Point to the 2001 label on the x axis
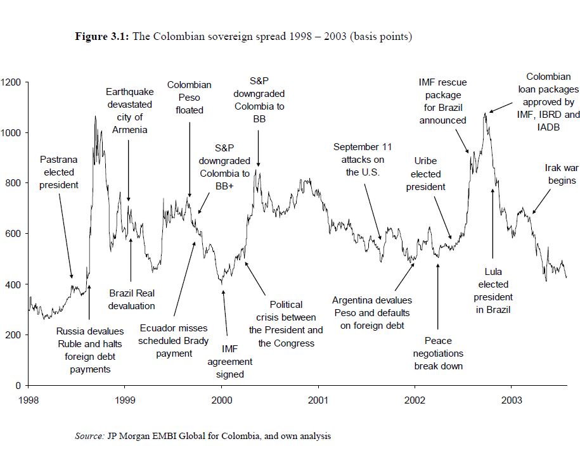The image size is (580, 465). [318, 400]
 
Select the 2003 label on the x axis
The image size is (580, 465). [512, 400]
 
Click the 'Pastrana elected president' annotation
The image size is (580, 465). [59, 172]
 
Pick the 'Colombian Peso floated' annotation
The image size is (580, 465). [190, 98]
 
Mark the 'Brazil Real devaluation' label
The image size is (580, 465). [132, 300]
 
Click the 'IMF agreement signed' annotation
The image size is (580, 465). [229, 361]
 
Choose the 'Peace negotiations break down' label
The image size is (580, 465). [438, 354]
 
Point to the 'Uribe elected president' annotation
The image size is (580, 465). [426, 174]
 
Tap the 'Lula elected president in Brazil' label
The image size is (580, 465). [493, 291]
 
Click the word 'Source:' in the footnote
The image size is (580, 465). [89, 436]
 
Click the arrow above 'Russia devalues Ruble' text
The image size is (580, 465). [89, 303]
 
